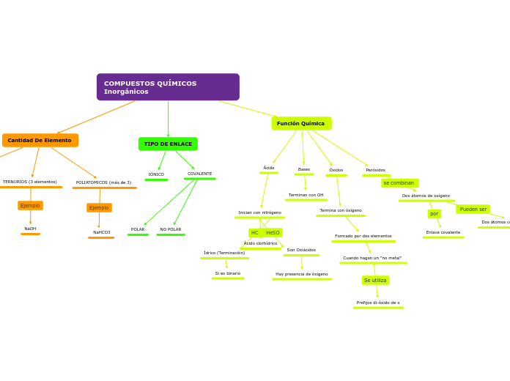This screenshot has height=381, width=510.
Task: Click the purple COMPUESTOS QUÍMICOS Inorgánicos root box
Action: [168, 87]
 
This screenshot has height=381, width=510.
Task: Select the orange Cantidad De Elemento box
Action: [40, 140]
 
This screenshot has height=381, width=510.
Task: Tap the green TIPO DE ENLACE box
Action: [168, 144]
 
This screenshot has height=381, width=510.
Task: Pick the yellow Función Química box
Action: [301, 123]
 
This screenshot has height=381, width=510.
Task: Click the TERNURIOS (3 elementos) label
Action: [30, 182]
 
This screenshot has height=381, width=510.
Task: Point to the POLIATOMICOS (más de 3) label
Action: [104, 182]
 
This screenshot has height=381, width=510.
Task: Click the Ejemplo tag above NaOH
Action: [30, 206]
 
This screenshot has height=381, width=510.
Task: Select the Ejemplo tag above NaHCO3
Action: [99, 208]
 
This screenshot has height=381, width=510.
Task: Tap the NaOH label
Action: [30, 229]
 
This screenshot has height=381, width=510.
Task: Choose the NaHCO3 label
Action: [101, 232]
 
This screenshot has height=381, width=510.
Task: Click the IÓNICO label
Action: [156, 174]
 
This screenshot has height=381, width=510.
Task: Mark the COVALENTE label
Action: [199, 174]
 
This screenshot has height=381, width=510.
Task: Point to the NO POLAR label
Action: [171, 229]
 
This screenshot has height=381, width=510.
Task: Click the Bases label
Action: [304, 169]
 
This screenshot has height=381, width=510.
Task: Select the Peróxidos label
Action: [376, 170]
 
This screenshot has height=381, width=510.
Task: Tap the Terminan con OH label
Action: [306, 195]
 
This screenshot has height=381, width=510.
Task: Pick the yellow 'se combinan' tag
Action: [399, 183]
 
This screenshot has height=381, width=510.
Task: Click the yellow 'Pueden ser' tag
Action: [473, 209]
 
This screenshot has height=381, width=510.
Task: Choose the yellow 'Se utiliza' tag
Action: [375, 281]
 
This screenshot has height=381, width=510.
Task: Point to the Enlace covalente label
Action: [443, 232]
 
